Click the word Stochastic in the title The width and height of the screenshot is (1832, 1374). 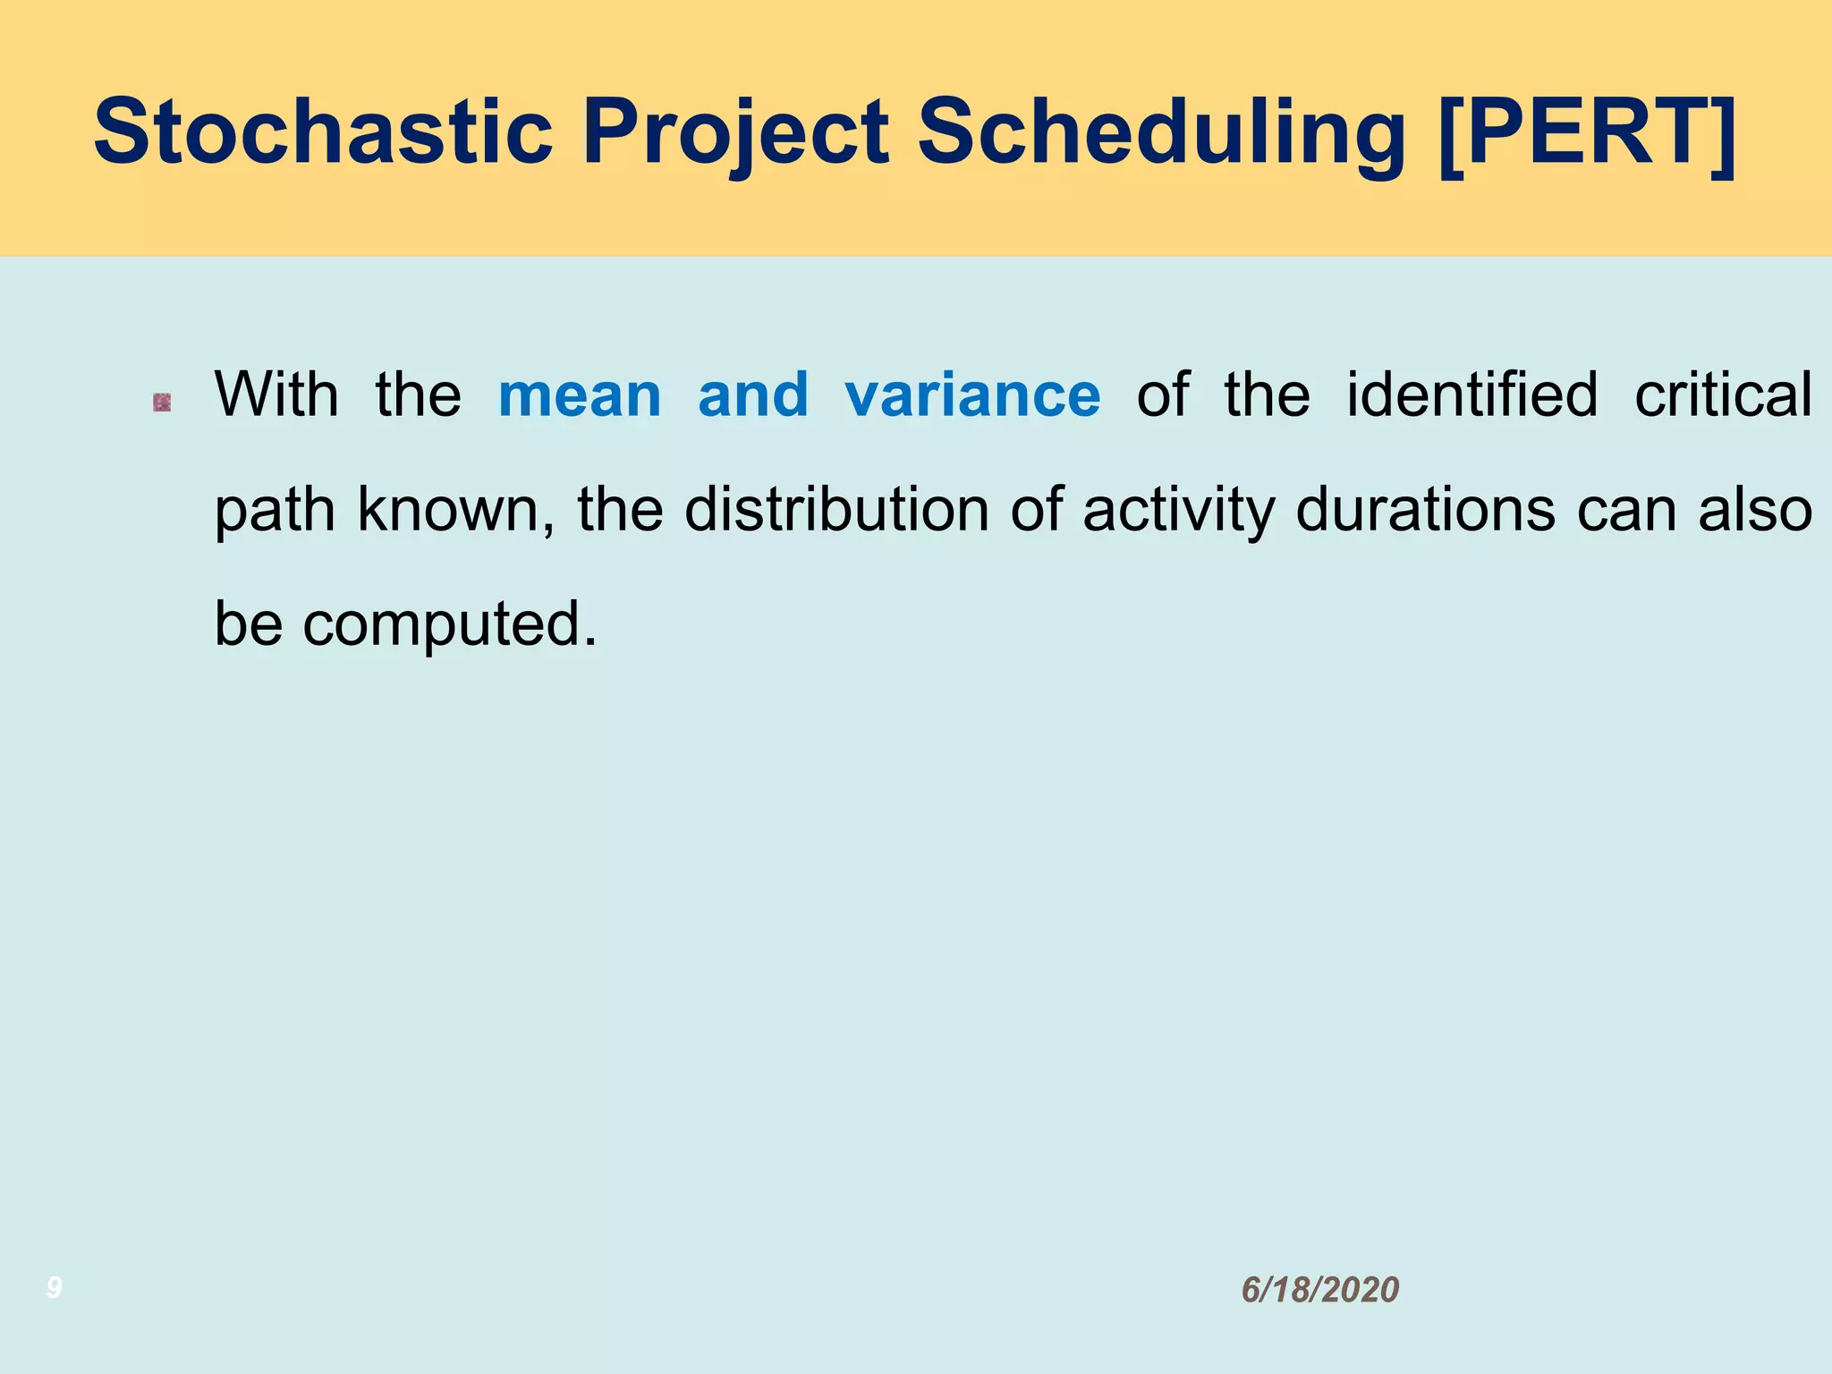click(x=323, y=132)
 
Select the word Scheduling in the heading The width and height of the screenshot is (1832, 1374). click(x=1162, y=132)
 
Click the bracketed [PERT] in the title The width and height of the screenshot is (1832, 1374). click(x=1587, y=132)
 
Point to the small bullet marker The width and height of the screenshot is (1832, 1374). click(x=162, y=403)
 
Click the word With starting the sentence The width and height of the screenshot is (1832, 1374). click(x=276, y=394)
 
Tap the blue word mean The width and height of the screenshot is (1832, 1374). click(x=579, y=394)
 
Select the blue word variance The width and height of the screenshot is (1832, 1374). click(x=972, y=394)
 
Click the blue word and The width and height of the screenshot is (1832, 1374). click(x=752, y=394)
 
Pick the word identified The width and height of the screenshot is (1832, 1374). click(x=1472, y=394)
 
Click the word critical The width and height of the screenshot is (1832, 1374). click(x=1723, y=394)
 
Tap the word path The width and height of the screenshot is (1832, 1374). click(x=275, y=510)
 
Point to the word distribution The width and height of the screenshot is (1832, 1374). click(x=836, y=510)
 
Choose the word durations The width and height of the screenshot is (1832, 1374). click(x=1425, y=510)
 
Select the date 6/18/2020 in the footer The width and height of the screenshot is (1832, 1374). click(x=1319, y=1290)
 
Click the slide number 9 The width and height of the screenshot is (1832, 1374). click(x=54, y=1288)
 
